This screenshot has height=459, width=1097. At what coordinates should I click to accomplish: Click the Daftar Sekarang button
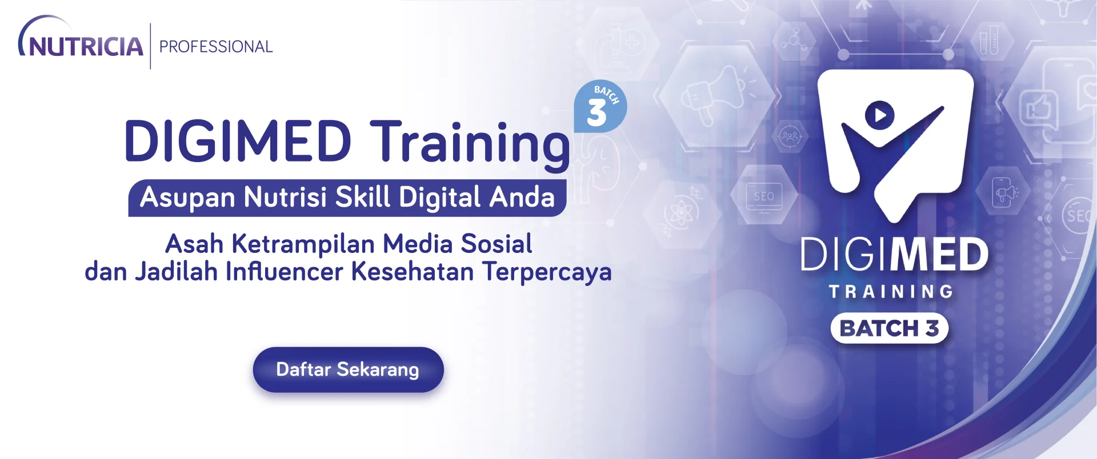tap(348, 369)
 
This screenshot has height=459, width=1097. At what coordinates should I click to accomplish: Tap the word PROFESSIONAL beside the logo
tap(216, 46)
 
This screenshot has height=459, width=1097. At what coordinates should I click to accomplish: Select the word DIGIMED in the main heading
tap(238, 140)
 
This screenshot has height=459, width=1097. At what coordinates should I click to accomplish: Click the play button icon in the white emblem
tap(879, 115)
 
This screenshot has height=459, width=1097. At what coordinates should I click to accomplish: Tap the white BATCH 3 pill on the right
tap(890, 328)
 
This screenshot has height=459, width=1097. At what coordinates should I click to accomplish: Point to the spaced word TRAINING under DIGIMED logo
tap(891, 292)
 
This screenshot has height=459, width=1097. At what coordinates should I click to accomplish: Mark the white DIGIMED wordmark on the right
tap(894, 255)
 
